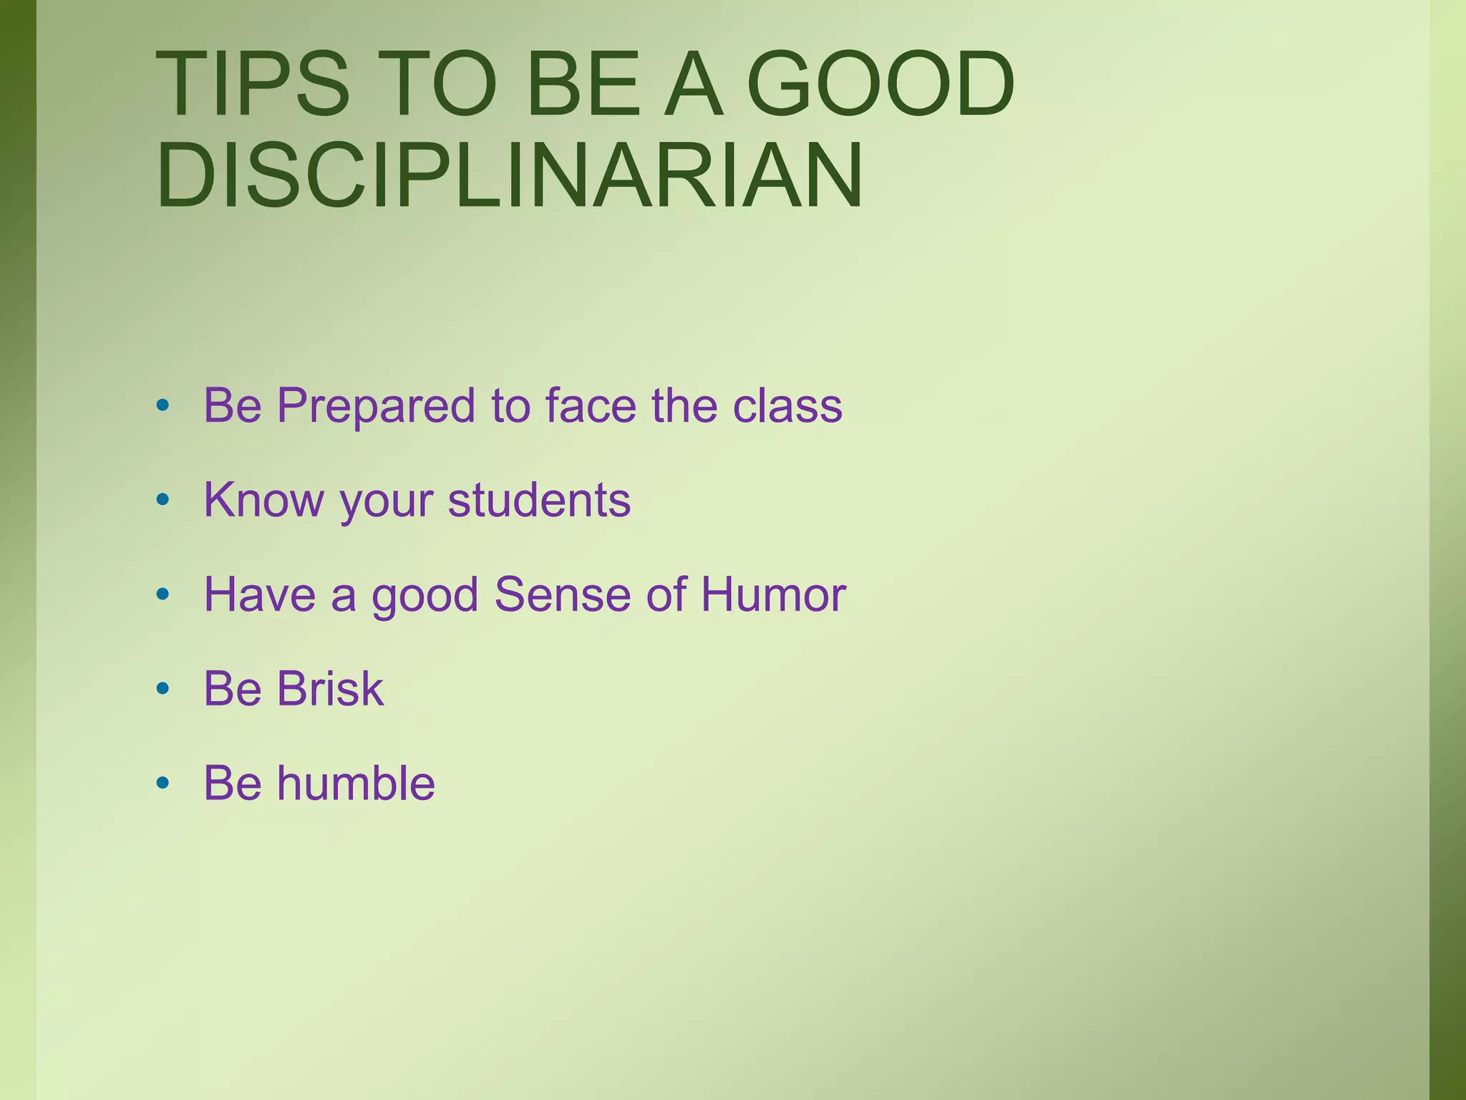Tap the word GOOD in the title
click(x=880, y=84)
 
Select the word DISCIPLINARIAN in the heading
click(x=510, y=175)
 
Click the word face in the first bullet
click(x=591, y=405)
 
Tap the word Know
click(x=263, y=499)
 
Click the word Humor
click(x=773, y=594)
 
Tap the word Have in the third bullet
click(x=259, y=594)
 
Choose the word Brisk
click(x=330, y=688)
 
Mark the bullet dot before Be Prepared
click(x=162, y=405)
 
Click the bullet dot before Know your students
click(x=162, y=499)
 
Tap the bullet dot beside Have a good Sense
click(x=162, y=594)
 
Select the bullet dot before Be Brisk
click(x=162, y=688)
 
